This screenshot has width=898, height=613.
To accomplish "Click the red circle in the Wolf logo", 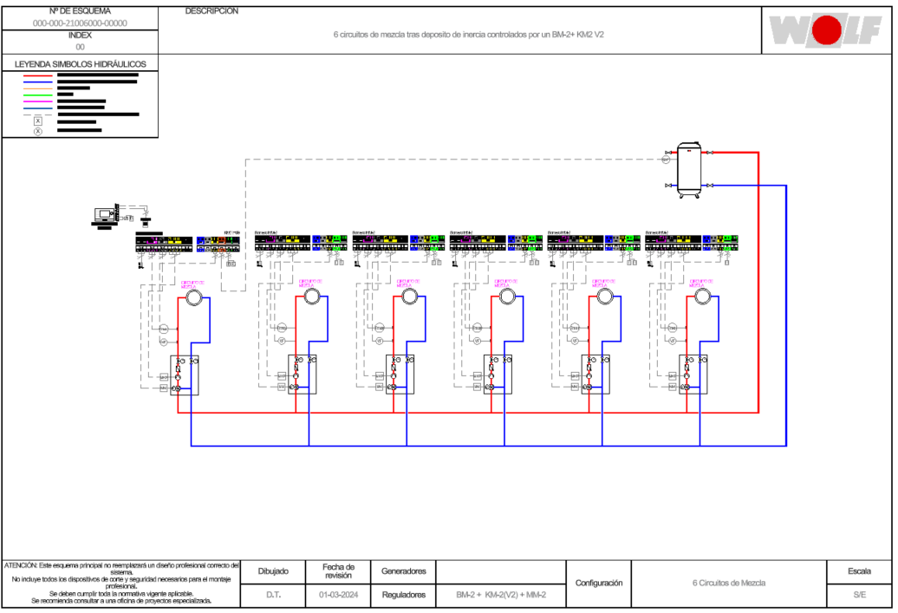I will click(x=827, y=31).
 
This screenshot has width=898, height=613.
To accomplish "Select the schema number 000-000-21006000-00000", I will click(x=80, y=23).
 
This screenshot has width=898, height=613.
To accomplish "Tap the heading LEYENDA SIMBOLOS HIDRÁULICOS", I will click(x=81, y=64).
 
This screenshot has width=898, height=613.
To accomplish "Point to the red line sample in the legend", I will click(x=38, y=75).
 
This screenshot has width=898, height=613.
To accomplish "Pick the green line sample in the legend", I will click(x=38, y=95).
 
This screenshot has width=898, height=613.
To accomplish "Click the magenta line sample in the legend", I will click(x=38, y=101).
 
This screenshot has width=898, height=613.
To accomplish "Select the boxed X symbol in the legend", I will click(x=38, y=121).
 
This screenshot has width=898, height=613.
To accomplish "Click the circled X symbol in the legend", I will click(x=38, y=131).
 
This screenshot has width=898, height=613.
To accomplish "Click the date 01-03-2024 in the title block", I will click(x=339, y=595).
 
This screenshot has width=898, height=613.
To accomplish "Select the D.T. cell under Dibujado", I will click(x=273, y=595).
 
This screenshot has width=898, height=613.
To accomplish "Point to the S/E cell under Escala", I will click(x=859, y=595).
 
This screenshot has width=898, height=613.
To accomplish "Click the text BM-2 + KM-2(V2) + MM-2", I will click(x=501, y=595).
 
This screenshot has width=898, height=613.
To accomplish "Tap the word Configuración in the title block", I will click(x=599, y=584).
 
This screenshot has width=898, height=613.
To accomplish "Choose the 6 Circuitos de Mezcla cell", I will click(x=729, y=584).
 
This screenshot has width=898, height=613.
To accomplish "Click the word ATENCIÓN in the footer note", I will click(x=21, y=565).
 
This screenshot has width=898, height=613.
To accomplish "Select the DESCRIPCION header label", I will click(x=211, y=12).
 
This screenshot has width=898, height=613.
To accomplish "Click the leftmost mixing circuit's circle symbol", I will click(x=193, y=297).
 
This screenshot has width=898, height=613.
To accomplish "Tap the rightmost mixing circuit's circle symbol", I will click(x=702, y=297).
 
